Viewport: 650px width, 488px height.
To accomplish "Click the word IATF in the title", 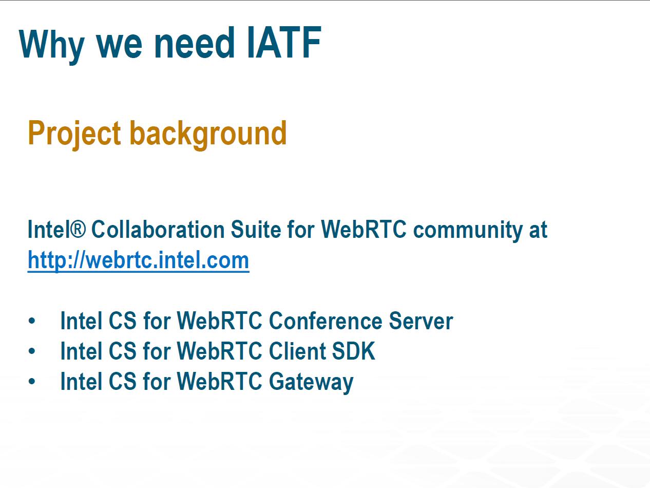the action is [284, 43].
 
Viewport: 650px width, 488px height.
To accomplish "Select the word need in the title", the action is [195, 43].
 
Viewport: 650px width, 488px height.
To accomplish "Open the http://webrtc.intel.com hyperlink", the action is [138, 260].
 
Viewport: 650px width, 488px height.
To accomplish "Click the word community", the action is [468, 231].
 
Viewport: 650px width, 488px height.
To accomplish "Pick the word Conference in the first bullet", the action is [326, 321].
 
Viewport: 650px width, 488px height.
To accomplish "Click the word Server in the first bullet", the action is [421, 321].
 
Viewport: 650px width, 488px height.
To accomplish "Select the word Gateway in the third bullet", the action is [311, 383].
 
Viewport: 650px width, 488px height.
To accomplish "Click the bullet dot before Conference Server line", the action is [32, 321].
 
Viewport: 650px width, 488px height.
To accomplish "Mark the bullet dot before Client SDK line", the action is [32, 351].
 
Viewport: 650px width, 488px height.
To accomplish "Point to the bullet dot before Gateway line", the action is [32, 381].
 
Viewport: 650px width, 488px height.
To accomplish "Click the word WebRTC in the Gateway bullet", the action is [220, 381].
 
